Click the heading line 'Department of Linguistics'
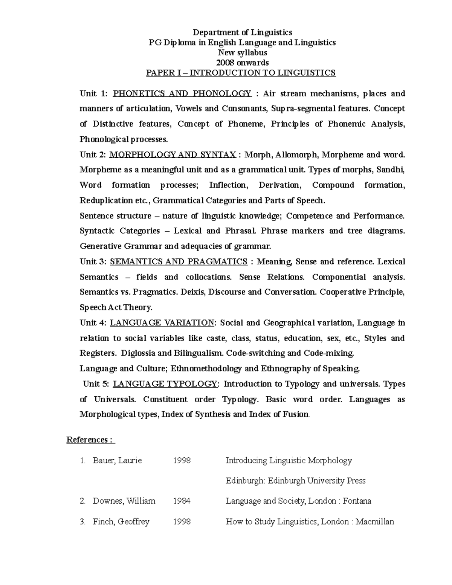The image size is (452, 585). (242, 32)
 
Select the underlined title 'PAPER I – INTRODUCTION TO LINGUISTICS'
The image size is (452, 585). (241, 73)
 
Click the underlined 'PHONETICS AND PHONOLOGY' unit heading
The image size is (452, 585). (182, 93)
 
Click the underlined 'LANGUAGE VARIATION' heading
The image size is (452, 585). (162, 323)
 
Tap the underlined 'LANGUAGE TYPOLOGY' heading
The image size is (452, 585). (165, 384)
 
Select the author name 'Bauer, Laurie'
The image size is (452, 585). (117, 460)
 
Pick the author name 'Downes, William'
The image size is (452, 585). (124, 501)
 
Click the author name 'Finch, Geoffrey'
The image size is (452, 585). (121, 521)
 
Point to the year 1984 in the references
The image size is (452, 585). (182, 501)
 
